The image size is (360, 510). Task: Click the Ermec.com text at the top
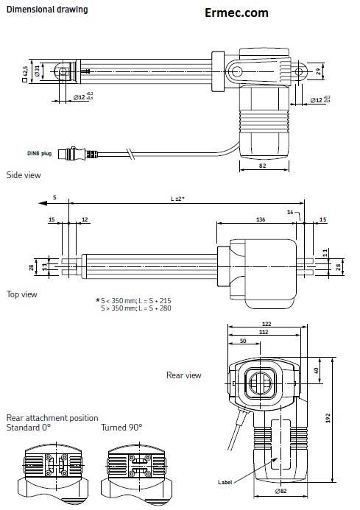tap(237, 13)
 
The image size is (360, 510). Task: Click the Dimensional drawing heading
tap(46, 10)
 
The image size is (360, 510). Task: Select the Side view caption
tap(24, 175)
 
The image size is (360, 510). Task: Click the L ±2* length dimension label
tap(177, 199)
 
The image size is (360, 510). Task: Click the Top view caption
tap(22, 294)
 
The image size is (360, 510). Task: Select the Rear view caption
tap(183, 375)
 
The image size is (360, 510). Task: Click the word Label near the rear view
tap(225, 482)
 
